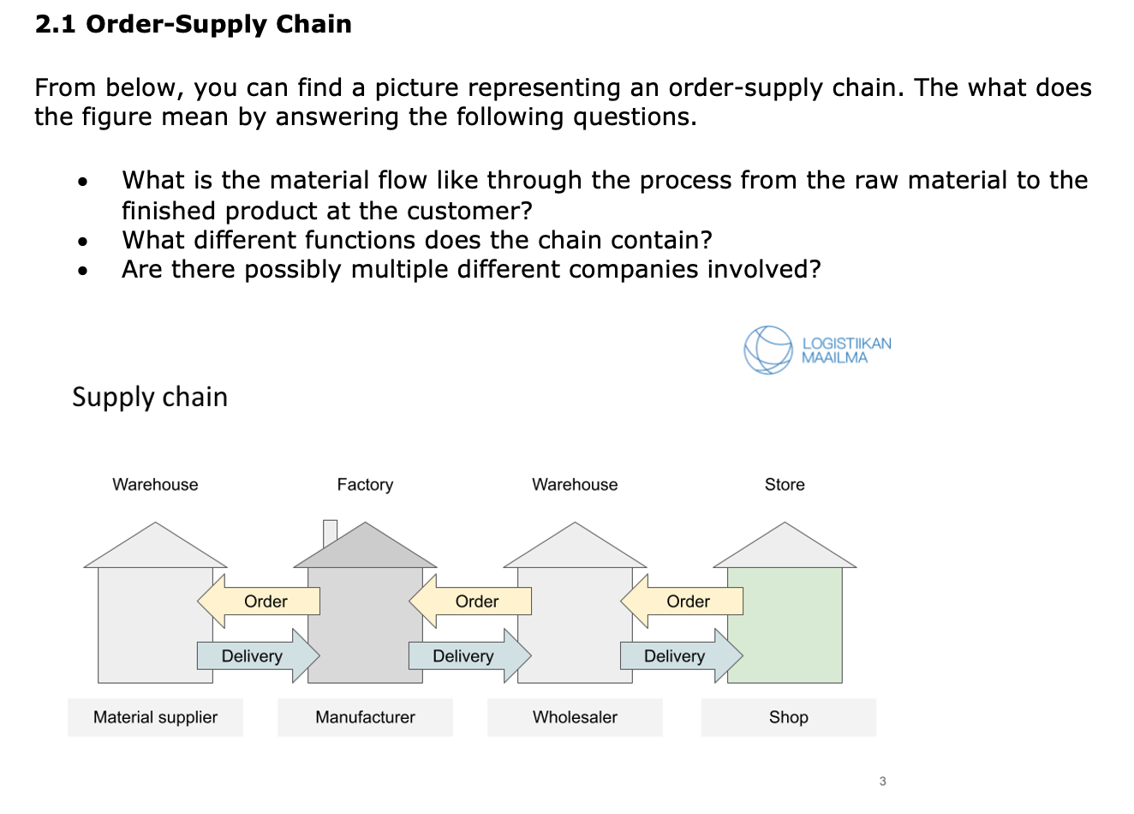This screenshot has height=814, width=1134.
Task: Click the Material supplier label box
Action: click(155, 717)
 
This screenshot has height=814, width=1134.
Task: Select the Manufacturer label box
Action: click(365, 717)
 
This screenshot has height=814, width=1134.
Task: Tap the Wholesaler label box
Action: click(575, 717)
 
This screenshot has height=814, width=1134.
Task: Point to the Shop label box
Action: click(788, 717)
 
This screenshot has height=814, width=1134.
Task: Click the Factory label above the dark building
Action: click(365, 485)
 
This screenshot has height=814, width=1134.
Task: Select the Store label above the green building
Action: click(785, 485)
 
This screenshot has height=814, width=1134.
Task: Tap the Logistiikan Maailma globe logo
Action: click(767, 350)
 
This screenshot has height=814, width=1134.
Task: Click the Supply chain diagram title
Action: click(150, 398)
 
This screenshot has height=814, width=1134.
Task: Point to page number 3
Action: click(882, 781)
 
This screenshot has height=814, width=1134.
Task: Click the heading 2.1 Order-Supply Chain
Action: click(194, 24)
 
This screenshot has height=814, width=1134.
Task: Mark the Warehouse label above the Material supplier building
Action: click(155, 485)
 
